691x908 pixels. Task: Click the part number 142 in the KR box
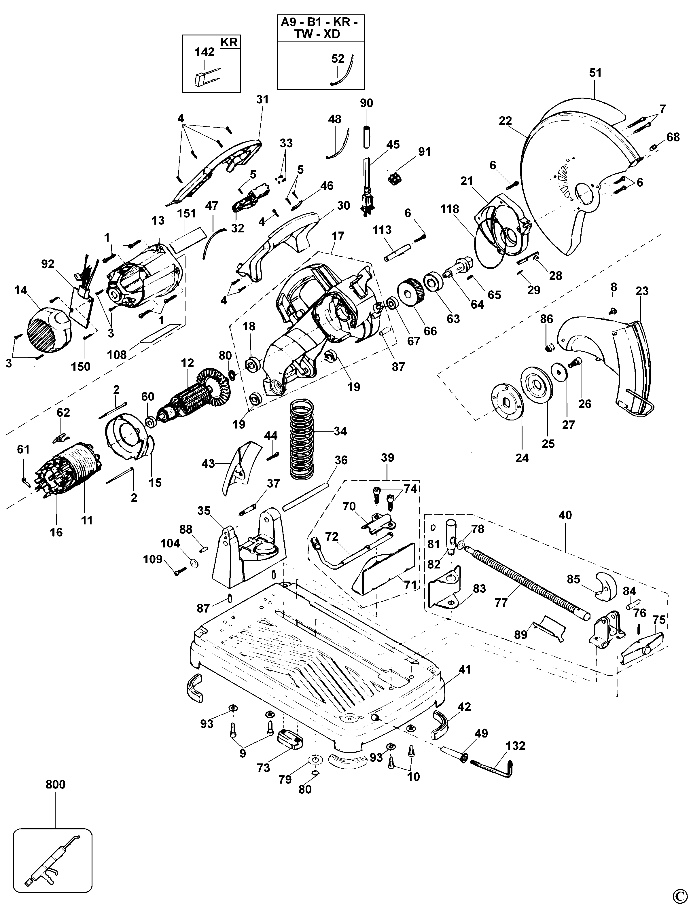click(205, 52)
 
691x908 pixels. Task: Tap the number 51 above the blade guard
click(595, 73)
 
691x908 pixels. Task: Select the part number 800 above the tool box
click(56, 784)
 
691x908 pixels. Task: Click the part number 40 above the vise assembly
click(565, 515)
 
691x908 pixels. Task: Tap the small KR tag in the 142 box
click(230, 42)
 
